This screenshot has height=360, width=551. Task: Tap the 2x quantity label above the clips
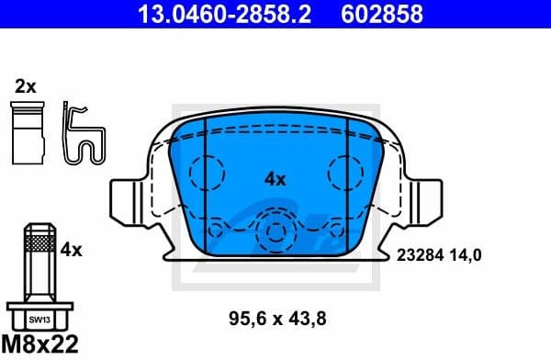click(25, 86)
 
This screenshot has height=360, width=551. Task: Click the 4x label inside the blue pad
click(275, 179)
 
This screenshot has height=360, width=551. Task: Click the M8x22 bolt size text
click(40, 345)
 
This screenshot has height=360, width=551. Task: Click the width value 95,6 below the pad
click(246, 319)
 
